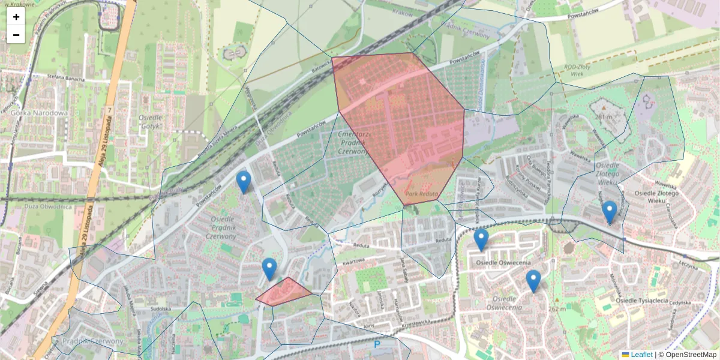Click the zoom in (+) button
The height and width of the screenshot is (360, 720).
click(16, 17)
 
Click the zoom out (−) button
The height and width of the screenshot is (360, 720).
click(16, 35)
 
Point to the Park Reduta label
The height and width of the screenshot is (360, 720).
click(422, 194)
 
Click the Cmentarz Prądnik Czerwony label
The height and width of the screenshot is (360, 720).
click(352, 143)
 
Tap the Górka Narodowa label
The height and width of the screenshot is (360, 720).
click(39, 113)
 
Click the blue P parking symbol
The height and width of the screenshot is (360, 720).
click(377, 344)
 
